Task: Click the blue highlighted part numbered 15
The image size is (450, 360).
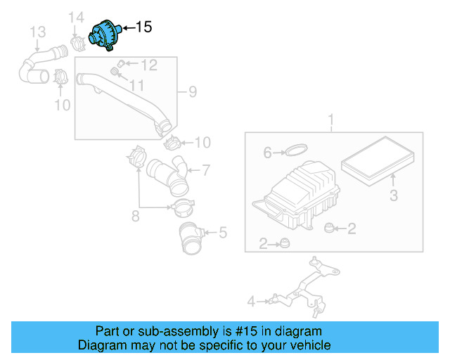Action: click(105, 35)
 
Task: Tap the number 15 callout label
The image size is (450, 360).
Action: click(143, 27)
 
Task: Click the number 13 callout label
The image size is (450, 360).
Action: click(37, 32)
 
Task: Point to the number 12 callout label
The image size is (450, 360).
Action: click(148, 65)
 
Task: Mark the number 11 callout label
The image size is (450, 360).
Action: click(136, 85)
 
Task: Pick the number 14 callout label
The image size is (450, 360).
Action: click(77, 17)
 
